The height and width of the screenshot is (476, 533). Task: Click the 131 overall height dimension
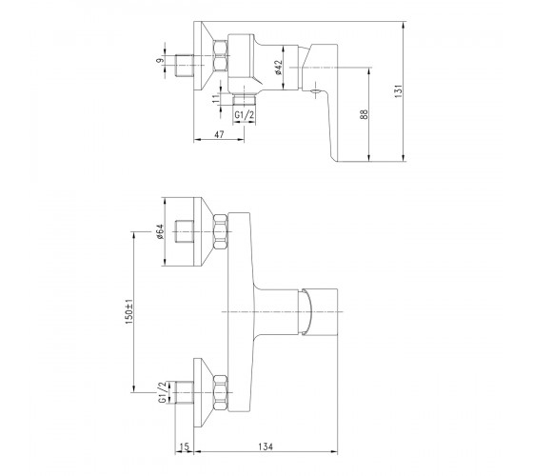tap(399, 91)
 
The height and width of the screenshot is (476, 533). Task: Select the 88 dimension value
tap(364, 114)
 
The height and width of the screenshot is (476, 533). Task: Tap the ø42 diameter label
tap(279, 68)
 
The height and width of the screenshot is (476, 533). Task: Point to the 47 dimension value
tap(219, 134)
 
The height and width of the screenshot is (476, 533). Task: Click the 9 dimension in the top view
tap(160, 61)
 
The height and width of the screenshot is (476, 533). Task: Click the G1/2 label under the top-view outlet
tap(244, 115)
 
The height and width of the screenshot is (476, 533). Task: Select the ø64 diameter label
tap(160, 231)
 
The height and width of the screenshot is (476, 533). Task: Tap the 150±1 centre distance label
tap(129, 311)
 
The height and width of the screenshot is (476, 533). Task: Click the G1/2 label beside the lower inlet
tap(163, 392)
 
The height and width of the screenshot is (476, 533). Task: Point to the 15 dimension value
tap(184, 446)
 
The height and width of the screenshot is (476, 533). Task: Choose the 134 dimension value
tap(266, 446)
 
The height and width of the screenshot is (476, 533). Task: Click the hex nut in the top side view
tap(220, 55)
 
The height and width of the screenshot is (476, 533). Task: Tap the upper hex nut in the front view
tap(220, 232)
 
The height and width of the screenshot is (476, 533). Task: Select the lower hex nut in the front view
tap(220, 392)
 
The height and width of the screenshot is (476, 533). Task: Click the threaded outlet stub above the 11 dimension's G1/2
tap(244, 100)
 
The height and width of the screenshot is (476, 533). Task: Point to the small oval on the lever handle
tap(315, 90)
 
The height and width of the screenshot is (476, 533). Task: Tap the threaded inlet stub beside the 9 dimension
tap(184, 66)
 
